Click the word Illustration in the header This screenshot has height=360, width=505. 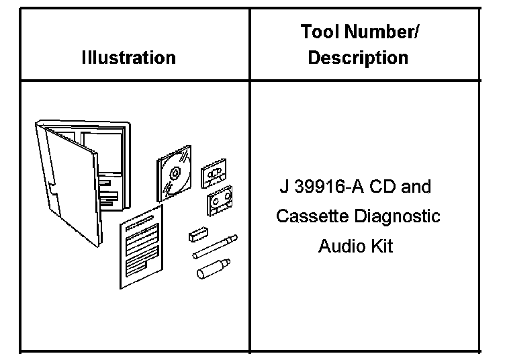pos(128,58)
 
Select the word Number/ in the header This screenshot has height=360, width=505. pos(389,32)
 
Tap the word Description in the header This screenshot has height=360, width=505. pos(358,58)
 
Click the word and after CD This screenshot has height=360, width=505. pos(416,186)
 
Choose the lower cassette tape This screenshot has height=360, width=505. pos(219,201)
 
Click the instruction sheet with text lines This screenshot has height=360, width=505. pos(142,246)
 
